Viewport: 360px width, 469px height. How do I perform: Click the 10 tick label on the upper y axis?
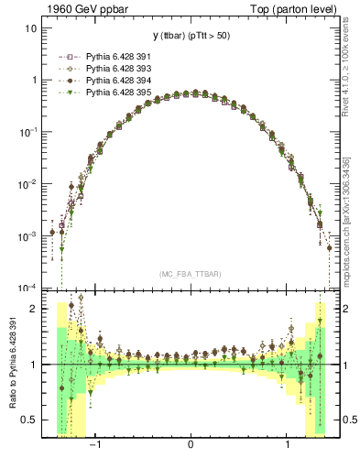(30, 28)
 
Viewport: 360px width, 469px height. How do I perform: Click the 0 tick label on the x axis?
(191, 445)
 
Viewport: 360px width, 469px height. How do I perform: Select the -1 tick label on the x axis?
(94, 445)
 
